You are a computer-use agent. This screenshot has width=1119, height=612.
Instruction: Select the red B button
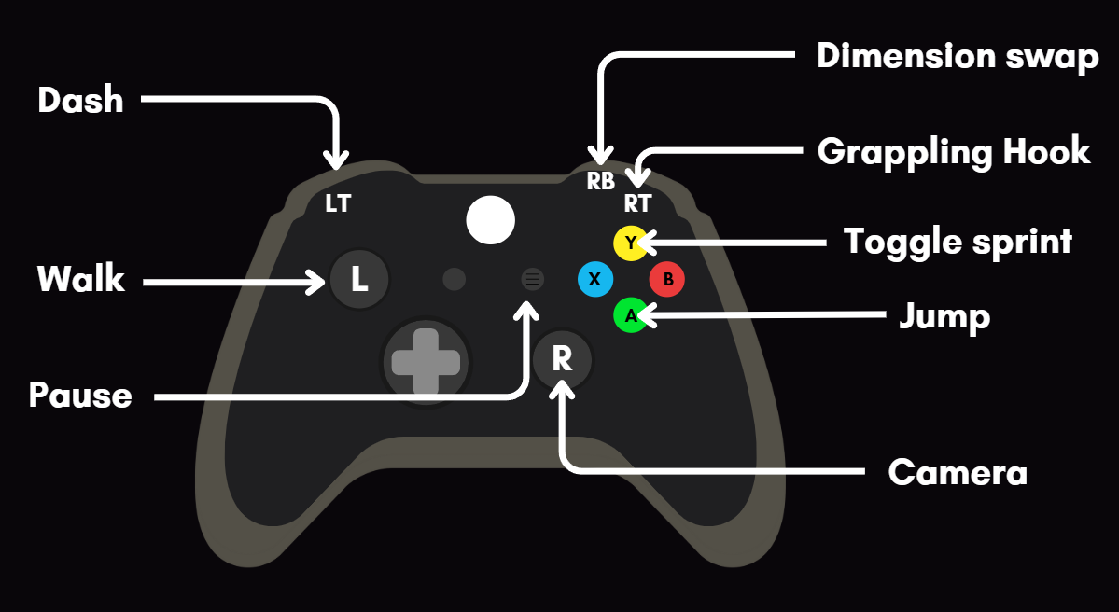[x=667, y=279]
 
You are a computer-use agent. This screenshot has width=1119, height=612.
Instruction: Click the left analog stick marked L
[x=359, y=279]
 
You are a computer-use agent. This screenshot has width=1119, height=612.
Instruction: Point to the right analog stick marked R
[x=562, y=359]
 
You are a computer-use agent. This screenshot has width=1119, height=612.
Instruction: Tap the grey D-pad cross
[x=427, y=362]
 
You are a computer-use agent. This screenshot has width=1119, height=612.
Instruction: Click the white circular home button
[x=490, y=220]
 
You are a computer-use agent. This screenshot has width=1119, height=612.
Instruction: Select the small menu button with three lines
[x=532, y=278]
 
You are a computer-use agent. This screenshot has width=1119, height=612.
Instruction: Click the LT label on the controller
[x=338, y=203]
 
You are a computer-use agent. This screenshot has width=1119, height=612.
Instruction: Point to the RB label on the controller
[x=600, y=181]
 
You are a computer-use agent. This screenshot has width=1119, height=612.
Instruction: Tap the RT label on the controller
[x=638, y=203]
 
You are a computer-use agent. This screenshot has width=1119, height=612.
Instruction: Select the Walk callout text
[x=80, y=279]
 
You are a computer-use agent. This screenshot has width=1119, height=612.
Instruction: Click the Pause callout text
[x=80, y=396]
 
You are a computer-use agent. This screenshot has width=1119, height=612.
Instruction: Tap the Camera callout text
[x=958, y=473]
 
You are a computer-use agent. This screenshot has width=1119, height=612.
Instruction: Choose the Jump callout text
[x=944, y=317]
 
